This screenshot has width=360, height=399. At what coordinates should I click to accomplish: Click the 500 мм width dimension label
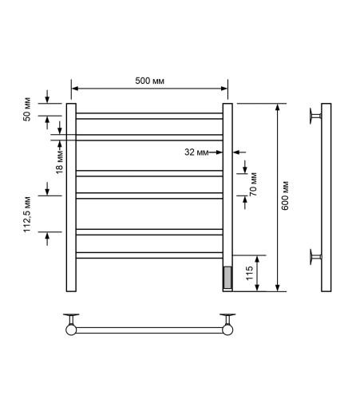point(149,81)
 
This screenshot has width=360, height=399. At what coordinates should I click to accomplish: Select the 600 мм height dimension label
point(285,196)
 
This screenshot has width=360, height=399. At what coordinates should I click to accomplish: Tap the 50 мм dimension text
point(27,109)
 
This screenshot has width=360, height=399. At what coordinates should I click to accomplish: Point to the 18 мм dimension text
point(59,162)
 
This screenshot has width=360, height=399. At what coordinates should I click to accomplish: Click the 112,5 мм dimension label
point(27,215)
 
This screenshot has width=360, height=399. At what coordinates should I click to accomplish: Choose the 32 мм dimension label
point(196,152)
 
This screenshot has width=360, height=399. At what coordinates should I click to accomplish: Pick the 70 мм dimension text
point(253,184)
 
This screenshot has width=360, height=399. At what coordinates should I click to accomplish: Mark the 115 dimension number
point(249,273)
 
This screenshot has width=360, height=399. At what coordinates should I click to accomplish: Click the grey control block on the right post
point(227,278)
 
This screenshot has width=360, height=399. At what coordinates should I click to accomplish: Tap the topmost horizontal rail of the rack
point(149,116)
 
